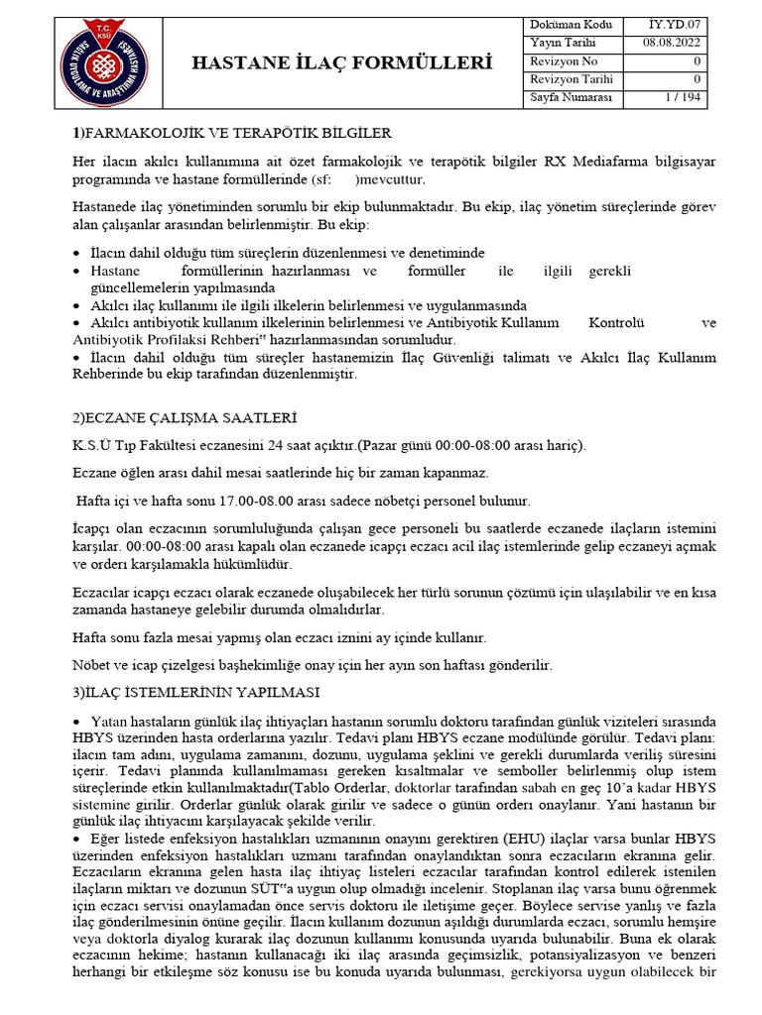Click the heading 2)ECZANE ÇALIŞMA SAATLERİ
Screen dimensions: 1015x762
186,418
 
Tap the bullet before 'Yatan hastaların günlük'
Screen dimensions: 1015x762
78,719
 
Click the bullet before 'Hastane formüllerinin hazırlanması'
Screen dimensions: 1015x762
78,272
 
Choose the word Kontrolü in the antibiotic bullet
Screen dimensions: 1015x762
617,323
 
